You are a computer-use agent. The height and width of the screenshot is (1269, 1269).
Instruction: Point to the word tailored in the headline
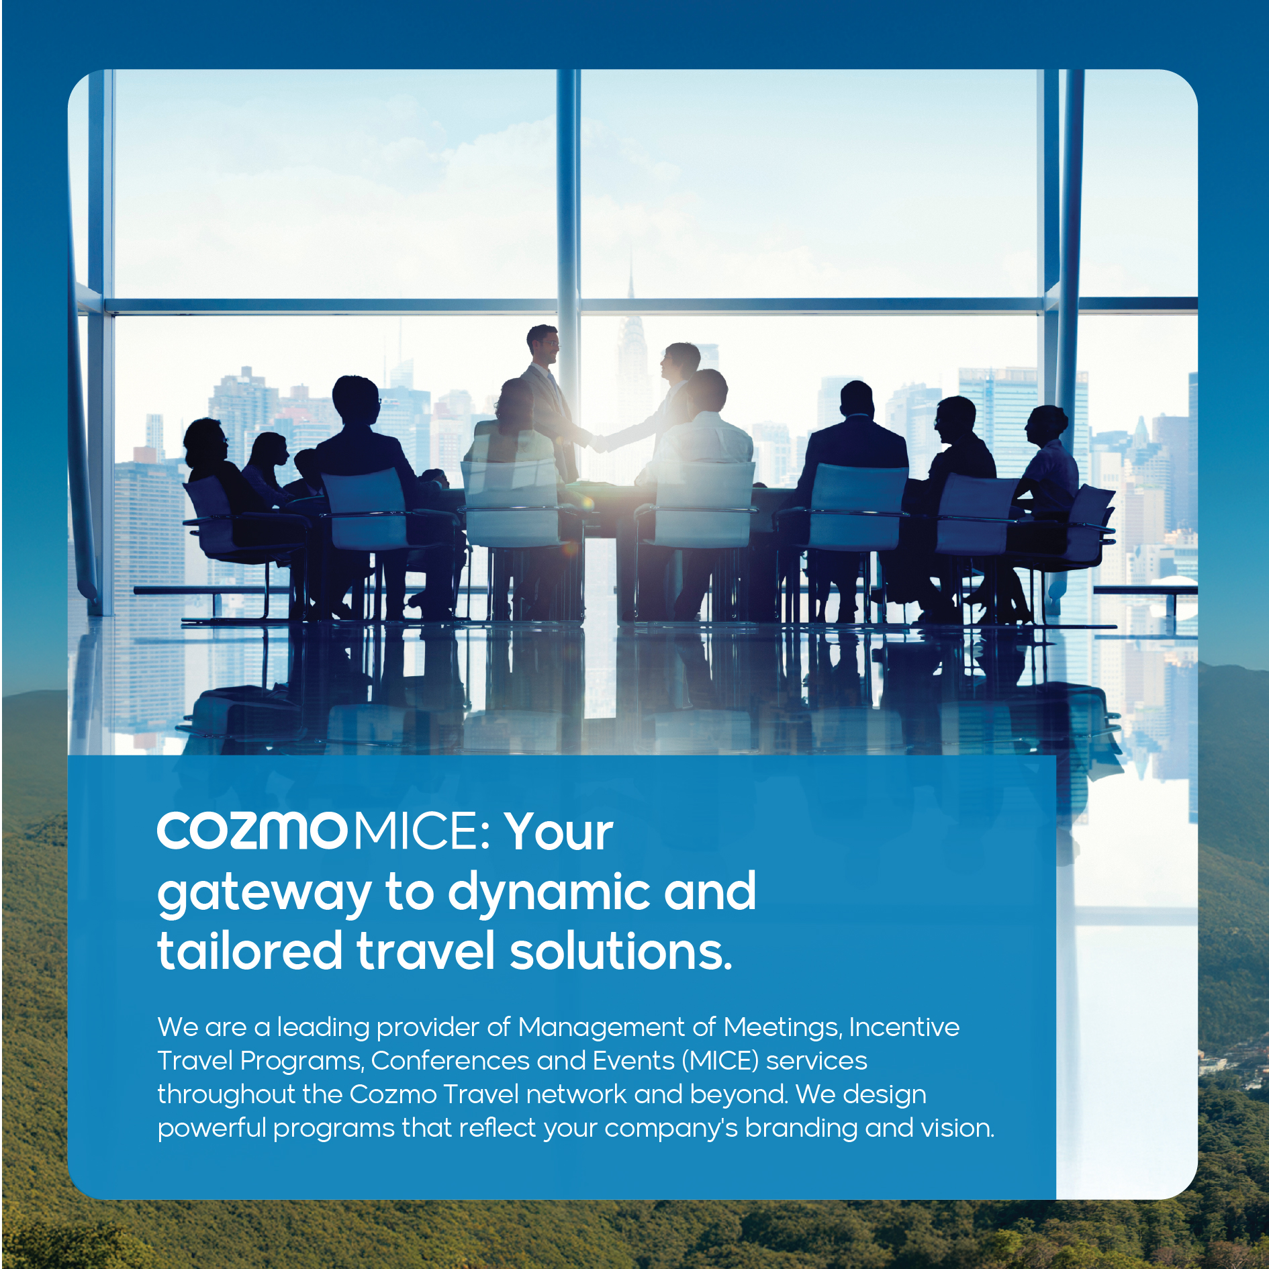(250, 950)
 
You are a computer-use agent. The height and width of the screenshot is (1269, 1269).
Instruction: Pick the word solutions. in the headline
(621, 950)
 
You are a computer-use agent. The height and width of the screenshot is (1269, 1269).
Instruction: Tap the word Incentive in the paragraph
(904, 1027)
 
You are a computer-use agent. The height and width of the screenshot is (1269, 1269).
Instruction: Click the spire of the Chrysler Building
(630, 275)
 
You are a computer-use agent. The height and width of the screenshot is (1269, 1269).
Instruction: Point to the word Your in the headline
(559, 831)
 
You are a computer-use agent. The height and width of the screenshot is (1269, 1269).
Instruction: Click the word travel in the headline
(426, 950)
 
